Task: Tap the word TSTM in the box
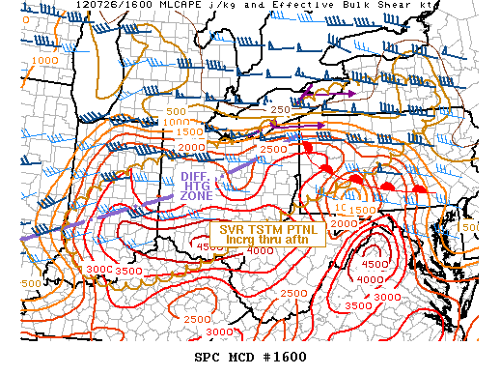coord(265,229)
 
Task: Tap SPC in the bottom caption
coord(208,356)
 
